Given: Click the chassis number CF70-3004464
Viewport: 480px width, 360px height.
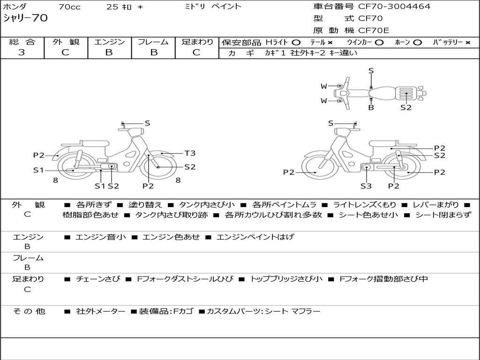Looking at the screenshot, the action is (394, 7).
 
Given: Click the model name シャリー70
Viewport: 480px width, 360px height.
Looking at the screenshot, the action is (25, 18).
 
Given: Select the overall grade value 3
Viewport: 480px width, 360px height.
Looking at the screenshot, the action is (22, 52).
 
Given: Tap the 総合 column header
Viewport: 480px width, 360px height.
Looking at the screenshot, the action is (22, 42).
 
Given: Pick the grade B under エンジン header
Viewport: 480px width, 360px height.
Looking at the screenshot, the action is (109, 52).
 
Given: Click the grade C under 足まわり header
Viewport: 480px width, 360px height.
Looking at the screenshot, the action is (196, 52).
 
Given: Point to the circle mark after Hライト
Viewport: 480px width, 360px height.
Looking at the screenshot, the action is (296, 43).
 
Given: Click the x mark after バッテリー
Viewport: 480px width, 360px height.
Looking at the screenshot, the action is (468, 43).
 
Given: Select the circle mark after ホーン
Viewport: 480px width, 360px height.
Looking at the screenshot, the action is (417, 43).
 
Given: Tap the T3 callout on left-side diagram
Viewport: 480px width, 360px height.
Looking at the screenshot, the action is (190, 153).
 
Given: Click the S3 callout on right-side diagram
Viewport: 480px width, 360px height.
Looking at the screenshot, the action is (366, 186).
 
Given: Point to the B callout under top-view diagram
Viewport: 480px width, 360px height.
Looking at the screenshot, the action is (371, 107).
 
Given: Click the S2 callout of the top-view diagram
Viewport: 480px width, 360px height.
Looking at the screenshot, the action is (406, 107).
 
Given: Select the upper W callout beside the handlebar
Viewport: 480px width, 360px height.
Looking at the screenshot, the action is (323, 86).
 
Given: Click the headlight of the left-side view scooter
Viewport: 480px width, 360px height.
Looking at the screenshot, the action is (136, 132).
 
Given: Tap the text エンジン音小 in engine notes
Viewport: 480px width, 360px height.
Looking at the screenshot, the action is (100, 237).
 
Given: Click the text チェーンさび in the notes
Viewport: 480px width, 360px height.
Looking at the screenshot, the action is (98, 279).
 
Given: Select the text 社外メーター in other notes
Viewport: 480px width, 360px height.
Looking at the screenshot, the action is (100, 311).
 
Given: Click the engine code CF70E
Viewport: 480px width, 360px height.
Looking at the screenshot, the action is (374, 30).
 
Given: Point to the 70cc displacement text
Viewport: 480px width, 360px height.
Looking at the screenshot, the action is (69, 7).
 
